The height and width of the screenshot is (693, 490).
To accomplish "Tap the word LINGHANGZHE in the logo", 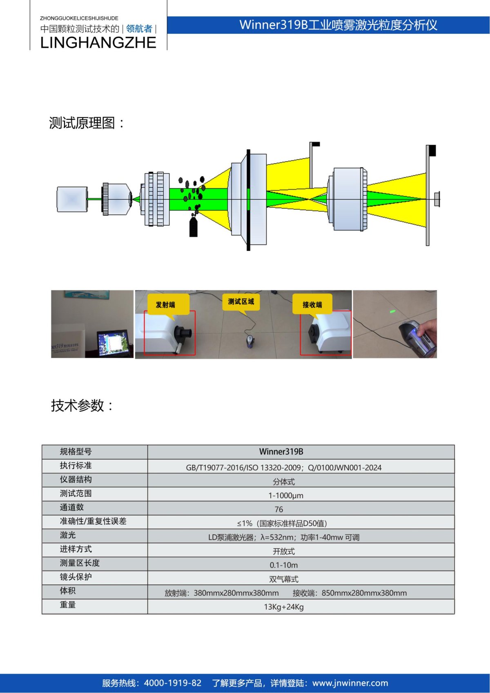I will (x=98, y=43).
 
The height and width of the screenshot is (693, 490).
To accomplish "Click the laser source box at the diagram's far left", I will (x=72, y=199).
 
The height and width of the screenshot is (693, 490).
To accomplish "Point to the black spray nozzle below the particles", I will (x=194, y=227).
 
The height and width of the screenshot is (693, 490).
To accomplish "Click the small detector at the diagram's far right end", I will (x=437, y=199).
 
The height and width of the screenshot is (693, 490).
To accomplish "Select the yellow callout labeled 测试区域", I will (x=241, y=302).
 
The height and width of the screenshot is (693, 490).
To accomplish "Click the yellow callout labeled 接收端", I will (x=312, y=304).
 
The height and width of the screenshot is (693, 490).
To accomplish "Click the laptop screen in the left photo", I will (x=113, y=343).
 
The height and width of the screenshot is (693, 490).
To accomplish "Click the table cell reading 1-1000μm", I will (x=285, y=495).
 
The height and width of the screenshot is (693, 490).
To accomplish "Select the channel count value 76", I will (x=279, y=509).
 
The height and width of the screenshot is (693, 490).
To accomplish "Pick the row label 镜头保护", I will (x=76, y=577).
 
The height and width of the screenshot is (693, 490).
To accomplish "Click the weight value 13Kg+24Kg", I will (x=284, y=607).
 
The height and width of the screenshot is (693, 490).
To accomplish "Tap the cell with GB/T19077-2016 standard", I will (x=284, y=468).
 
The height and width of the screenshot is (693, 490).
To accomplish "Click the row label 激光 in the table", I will (x=68, y=535).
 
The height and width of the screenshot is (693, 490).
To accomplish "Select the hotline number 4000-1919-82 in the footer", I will (x=173, y=683).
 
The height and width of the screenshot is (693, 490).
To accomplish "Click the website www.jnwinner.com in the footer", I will (x=350, y=683).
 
